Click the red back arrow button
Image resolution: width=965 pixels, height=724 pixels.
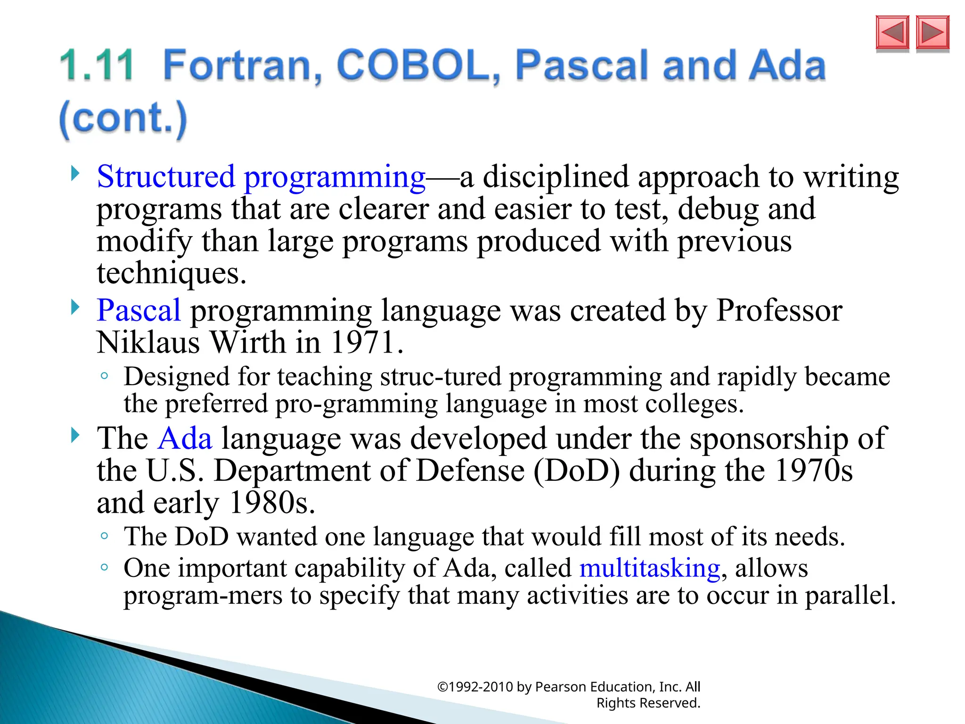892,33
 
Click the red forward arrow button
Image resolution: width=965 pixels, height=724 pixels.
932,33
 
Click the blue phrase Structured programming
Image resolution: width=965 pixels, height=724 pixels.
261,177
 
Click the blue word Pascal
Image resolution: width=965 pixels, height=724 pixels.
139,311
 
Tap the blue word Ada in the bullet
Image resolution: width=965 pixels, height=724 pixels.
185,438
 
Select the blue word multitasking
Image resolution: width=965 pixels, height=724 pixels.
650,568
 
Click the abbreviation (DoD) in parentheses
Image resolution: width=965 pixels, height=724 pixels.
577,470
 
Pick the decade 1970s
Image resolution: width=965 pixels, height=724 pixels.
813,470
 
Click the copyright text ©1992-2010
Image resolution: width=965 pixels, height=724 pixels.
474,687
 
